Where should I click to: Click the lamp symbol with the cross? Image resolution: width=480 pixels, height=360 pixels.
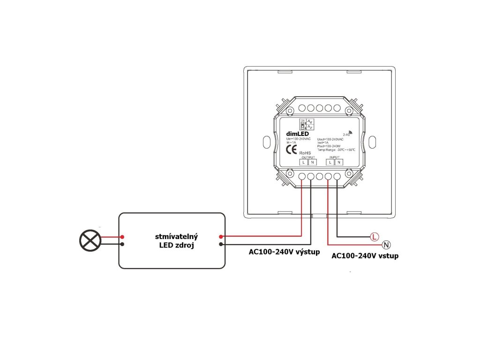90,240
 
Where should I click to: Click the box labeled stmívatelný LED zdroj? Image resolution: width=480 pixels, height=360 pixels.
172,240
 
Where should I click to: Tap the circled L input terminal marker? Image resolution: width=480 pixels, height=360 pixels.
374,236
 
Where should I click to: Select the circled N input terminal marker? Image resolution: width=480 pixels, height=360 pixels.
386,244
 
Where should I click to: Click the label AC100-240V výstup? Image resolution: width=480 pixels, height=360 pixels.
284,252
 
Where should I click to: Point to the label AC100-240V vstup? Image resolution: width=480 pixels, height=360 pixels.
365,256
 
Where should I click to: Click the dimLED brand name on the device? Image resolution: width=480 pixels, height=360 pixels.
297,134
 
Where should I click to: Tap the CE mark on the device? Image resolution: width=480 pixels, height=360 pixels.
291,150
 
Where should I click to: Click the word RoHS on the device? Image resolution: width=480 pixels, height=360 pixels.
305,152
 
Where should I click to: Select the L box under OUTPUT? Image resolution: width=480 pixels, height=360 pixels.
304,162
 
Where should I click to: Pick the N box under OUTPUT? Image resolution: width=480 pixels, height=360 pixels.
312,162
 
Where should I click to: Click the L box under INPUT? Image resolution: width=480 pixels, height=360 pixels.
330,162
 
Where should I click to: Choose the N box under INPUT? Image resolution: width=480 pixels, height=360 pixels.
338,162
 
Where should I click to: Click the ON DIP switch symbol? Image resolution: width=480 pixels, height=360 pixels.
303,124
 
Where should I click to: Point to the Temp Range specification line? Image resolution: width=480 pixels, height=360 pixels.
336,150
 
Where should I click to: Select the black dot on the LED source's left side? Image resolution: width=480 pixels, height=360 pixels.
122,244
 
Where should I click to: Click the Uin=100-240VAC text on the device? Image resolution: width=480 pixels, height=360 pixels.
298,139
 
